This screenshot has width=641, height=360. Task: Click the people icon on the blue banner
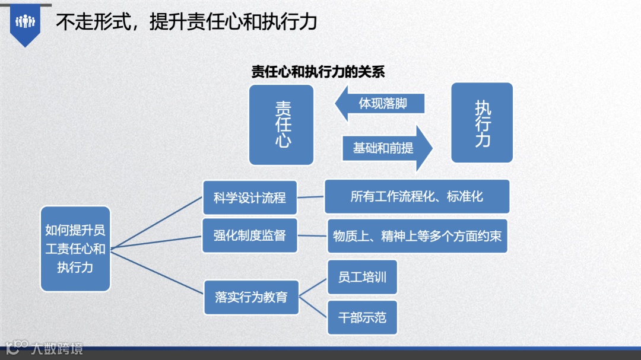(25, 22)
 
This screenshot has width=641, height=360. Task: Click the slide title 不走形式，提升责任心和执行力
(186, 22)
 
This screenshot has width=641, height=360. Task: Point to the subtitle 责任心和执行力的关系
(318, 72)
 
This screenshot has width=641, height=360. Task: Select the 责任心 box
(281, 125)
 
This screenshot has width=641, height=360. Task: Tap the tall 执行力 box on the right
(482, 123)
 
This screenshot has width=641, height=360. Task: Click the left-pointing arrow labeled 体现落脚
(380, 103)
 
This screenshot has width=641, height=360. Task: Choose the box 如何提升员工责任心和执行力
(75, 249)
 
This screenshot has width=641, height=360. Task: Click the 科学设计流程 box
(250, 197)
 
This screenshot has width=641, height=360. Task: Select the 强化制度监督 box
(250, 235)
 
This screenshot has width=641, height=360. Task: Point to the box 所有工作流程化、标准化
(417, 196)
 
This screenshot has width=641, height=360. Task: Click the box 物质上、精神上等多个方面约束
(417, 236)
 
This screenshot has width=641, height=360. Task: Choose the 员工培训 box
(362, 277)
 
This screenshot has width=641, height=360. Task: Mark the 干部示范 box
(362, 317)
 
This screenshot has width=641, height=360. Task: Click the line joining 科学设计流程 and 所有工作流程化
(310, 197)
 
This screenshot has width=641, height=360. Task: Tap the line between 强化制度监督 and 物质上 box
(312, 236)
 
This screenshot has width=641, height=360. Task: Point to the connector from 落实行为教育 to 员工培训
(313, 287)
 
